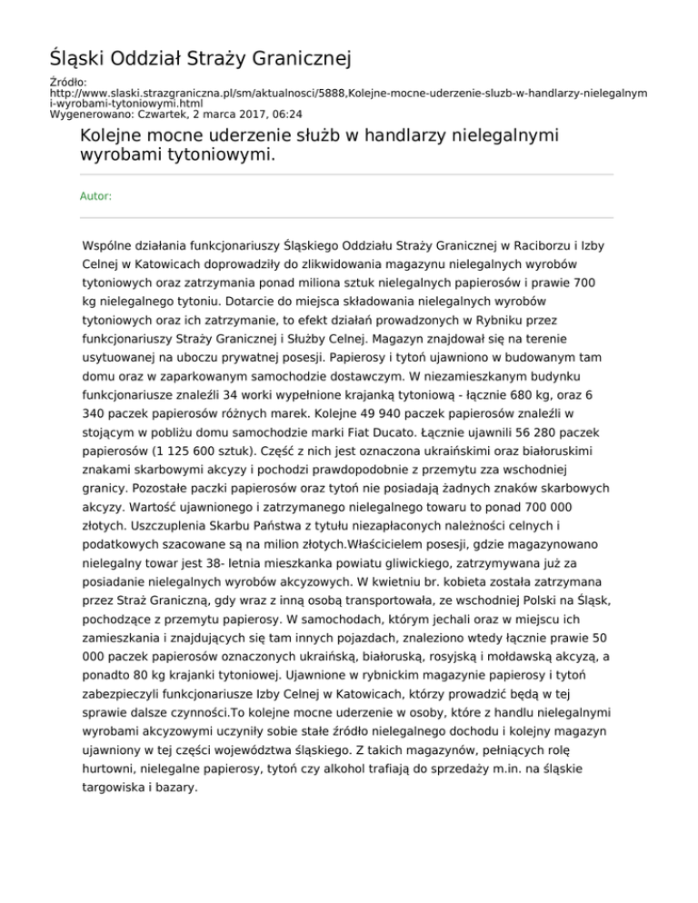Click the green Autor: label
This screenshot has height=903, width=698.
96,195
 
